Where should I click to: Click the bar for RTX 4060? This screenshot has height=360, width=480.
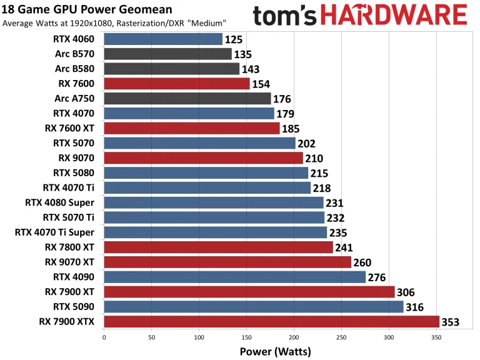162,39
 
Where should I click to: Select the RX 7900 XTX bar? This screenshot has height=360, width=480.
271,322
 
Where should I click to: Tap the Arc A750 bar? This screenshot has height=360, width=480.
187,99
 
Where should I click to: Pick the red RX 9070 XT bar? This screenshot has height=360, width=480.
227,262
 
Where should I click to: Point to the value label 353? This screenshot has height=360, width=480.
451,322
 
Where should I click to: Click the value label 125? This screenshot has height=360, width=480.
234,40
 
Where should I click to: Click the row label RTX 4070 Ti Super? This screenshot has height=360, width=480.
55,232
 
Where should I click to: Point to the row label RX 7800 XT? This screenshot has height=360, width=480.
70,247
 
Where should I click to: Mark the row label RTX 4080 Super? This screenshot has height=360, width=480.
60,202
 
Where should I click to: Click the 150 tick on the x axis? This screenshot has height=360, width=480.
246,337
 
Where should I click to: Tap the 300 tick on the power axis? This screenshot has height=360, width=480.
389,337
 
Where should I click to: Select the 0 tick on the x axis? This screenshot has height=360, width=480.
104,337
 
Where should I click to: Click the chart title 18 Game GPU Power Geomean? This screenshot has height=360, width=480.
87,9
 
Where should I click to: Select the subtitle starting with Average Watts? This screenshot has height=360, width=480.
114,23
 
